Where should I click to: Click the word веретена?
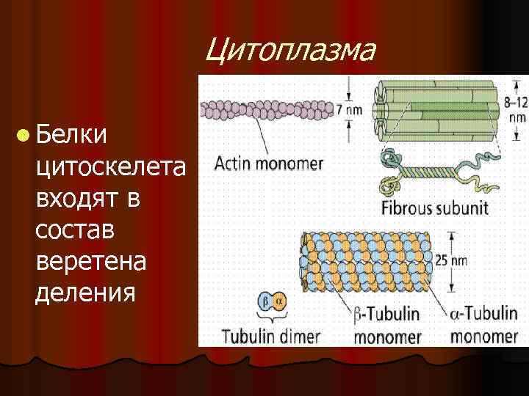pos(90,262)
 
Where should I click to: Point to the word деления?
pos(84,293)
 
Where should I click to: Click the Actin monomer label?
pos(268,162)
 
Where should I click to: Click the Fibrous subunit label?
pos(434,208)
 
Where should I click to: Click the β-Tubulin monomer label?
pos(387,325)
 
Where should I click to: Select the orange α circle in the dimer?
pos(278,300)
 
